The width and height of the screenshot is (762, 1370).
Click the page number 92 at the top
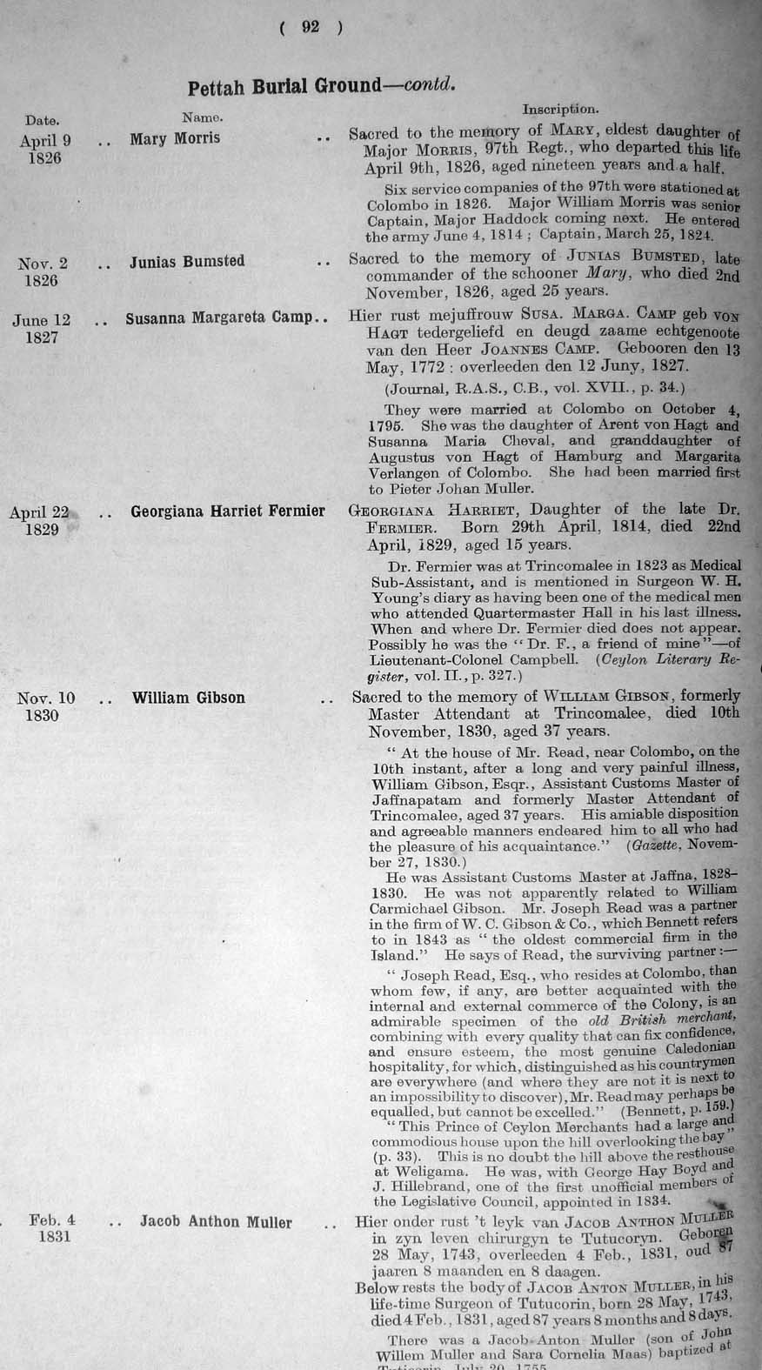pos(311,27)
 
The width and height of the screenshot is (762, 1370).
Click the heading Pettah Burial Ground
pos(284,87)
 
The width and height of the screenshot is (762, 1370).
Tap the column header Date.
pos(42,120)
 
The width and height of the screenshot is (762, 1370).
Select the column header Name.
pos(203,116)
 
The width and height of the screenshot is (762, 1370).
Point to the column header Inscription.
pos(559,110)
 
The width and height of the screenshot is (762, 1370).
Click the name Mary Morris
pos(175,138)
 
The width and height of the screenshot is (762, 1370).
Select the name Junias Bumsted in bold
pos(187,261)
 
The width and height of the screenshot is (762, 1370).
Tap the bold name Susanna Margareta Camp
pos(218,318)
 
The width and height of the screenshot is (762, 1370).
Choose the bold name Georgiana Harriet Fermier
pos(228,511)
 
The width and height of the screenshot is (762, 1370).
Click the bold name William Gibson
pos(188,698)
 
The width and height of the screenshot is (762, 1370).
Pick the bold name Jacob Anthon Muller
pos(216,1222)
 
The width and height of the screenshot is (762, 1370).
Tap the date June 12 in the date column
pos(41,320)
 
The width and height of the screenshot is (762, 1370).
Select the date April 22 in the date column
pos(43,512)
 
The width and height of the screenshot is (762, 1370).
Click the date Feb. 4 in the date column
pos(52,1220)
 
